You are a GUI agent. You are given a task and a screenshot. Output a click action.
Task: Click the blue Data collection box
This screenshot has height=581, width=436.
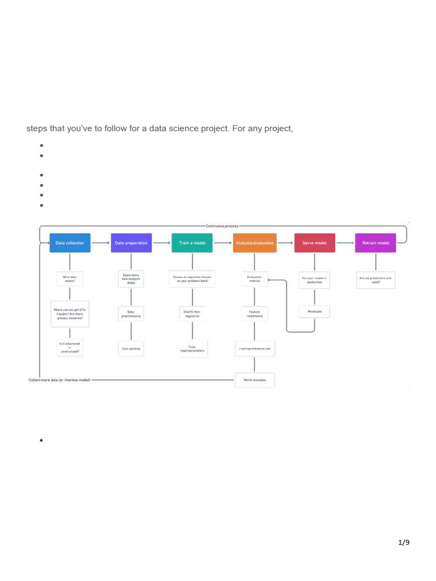(x=69, y=243)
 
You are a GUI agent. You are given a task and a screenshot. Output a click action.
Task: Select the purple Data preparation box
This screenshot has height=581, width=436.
(x=131, y=243)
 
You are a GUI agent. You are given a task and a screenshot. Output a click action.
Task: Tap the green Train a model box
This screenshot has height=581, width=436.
(x=192, y=243)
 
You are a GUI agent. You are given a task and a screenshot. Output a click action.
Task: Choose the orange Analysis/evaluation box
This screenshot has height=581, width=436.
(x=254, y=243)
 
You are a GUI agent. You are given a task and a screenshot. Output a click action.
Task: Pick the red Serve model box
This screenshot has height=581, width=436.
(x=315, y=243)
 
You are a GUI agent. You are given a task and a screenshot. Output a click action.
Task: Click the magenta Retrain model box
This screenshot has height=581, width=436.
(x=375, y=243)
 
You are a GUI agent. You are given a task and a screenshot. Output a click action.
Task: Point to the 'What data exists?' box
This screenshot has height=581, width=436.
(x=69, y=279)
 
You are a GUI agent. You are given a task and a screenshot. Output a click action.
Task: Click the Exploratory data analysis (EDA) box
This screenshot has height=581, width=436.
(x=131, y=279)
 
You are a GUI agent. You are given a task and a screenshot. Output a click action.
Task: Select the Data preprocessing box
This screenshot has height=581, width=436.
(x=131, y=313)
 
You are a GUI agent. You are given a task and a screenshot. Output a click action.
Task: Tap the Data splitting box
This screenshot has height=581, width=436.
(x=131, y=348)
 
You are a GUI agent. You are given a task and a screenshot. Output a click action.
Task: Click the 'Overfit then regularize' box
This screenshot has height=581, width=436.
(x=192, y=313)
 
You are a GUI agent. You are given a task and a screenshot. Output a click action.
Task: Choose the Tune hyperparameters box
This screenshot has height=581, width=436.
(x=192, y=348)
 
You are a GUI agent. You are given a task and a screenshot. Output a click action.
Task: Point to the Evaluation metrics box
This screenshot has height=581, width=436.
(x=254, y=279)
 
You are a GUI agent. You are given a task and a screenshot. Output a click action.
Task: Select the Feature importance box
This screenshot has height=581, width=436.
(x=254, y=313)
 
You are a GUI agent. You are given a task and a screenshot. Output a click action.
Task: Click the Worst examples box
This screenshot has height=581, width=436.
(x=254, y=380)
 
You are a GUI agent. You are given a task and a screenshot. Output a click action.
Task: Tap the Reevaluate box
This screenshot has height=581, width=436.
(x=315, y=311)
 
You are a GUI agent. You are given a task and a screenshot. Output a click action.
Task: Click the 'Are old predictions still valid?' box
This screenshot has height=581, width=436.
(x=375, y=279)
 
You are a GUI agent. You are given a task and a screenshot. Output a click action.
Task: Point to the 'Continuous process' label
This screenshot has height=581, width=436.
(x=222, y=226)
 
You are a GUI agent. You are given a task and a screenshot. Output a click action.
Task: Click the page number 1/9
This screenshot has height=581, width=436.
(x=404, y=543)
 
